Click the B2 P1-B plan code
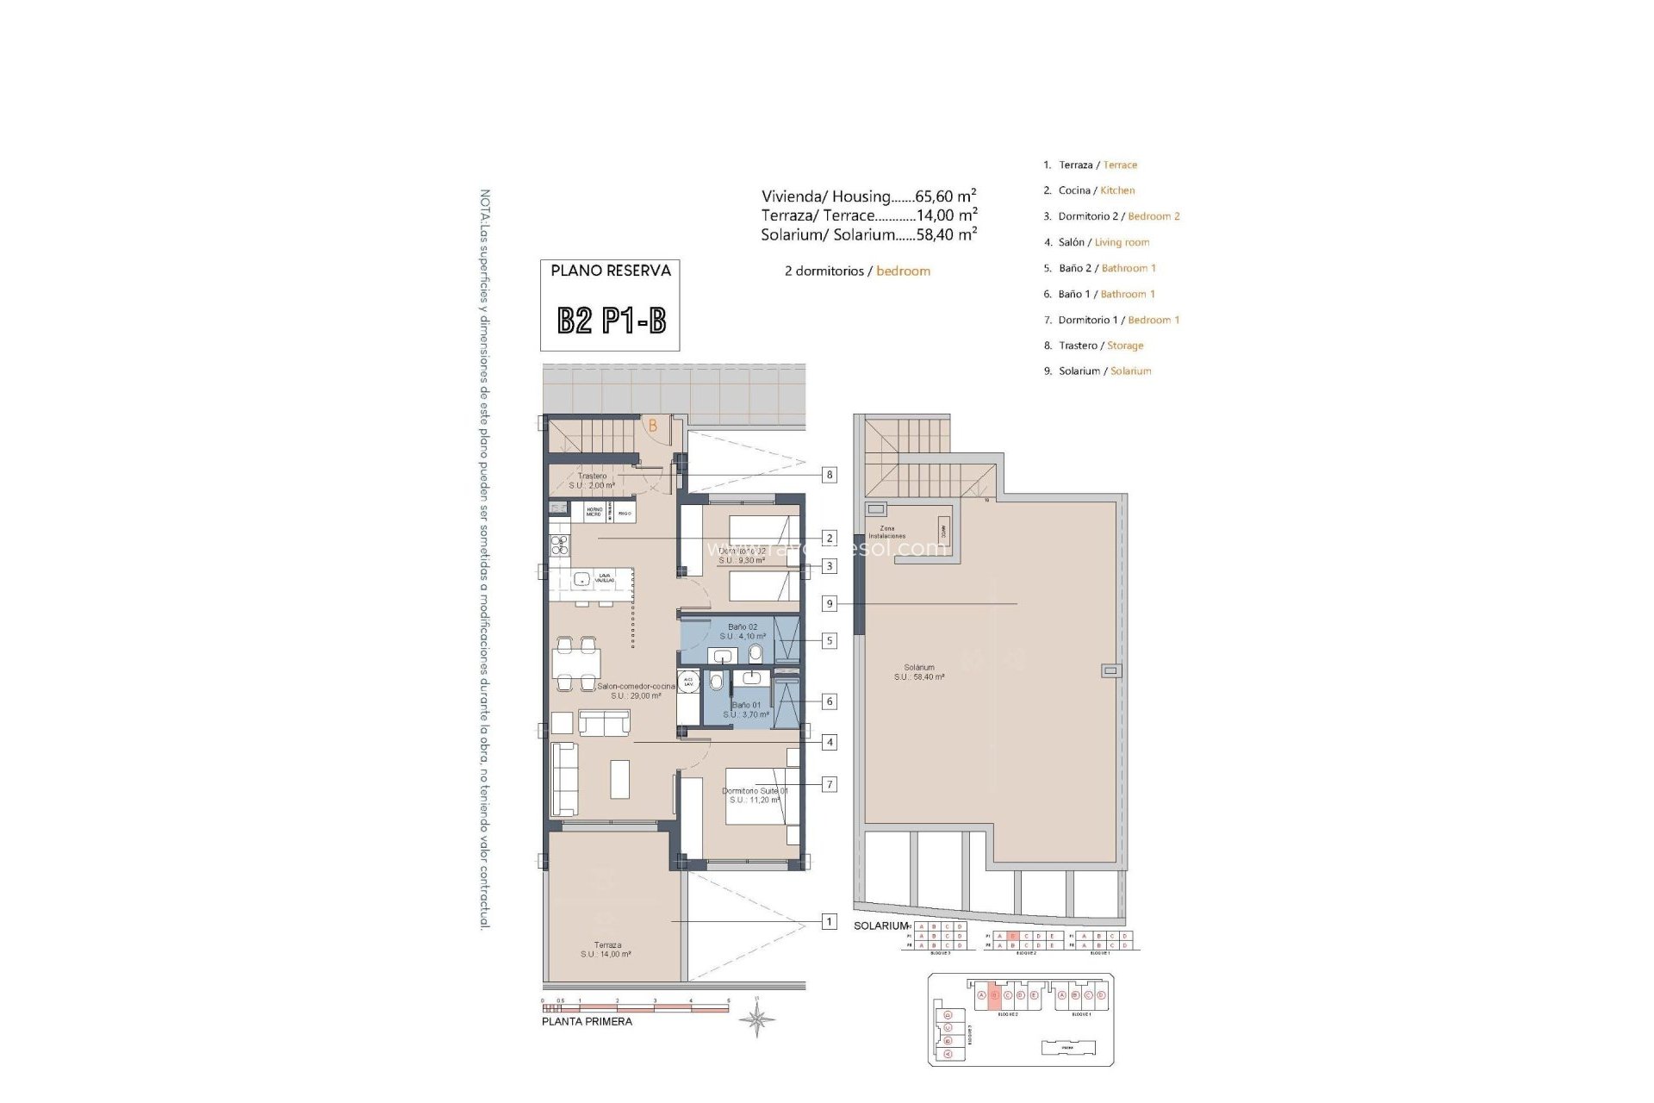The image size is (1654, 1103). tap(611, 321)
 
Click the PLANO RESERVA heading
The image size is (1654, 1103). tap(610, 271)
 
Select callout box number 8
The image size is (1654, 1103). tap(829, 475)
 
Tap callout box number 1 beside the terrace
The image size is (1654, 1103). tap(829, 922)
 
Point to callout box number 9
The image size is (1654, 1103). tap(829, 604)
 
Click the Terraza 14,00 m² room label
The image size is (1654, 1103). tap(606, 950)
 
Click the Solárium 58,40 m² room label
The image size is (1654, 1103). tap(919, 672)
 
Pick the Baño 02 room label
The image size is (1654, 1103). tap(742, 632)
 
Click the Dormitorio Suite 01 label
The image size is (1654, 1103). tap(754, 795)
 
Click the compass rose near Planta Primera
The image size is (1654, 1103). tap(755, 1020)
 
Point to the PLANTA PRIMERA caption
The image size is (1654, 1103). tap(587, 1022)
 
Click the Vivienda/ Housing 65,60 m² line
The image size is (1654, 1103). tap(868, 196)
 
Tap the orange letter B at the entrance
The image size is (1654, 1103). tap(653, 426)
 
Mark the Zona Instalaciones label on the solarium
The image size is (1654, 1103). tap(886, 532)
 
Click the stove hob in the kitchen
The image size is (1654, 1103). tap(560, 544)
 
